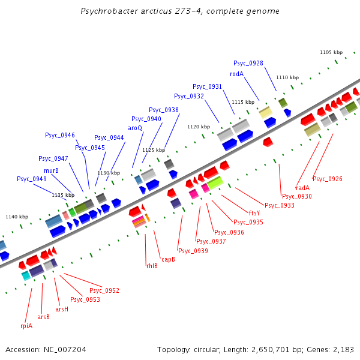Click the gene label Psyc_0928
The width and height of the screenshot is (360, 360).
click(248, 63)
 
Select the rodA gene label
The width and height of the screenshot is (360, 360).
click(236, 74)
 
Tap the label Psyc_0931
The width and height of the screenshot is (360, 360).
click(208, 86)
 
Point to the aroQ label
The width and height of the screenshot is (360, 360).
click(135, 128)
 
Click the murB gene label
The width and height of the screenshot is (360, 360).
click(51, 170)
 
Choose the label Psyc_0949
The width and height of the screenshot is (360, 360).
click(32, 179)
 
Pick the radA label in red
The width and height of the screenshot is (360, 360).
click(303, 188)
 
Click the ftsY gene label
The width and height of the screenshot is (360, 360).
click(254, 213)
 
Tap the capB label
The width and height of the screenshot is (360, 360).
click(168, 259)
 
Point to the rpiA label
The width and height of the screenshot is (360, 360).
click(26, 326)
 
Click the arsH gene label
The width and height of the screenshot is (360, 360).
click(62, 309)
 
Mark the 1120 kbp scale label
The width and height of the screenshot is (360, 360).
click(199, 127)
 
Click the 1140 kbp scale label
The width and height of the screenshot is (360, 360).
click(17, 217)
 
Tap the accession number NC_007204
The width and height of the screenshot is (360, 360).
click(66, 349)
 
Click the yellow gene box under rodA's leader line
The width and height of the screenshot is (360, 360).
click(265, 112)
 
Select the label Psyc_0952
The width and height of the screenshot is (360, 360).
click(104, 290)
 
